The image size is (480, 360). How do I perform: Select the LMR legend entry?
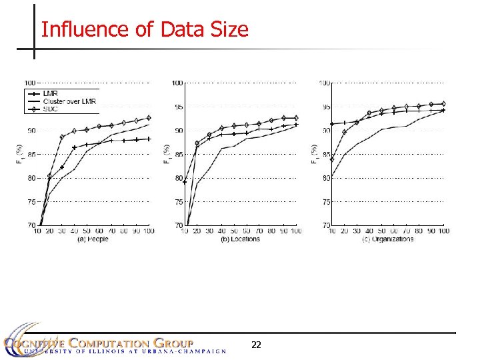51,94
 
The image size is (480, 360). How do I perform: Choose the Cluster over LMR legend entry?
69,101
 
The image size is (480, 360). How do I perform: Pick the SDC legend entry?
51,108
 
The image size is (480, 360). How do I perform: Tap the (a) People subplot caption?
93,239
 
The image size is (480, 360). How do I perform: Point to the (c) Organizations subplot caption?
388,239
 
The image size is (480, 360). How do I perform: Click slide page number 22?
256,345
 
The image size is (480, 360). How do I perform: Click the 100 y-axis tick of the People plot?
30,83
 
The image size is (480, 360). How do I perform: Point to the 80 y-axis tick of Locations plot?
179,178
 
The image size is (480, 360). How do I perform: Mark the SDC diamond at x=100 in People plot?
149,118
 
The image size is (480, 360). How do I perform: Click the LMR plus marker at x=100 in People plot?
149,139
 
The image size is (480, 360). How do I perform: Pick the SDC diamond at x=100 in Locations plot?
296,118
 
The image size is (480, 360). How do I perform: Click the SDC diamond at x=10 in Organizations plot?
332,159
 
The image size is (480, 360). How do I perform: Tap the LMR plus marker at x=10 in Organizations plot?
332,124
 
